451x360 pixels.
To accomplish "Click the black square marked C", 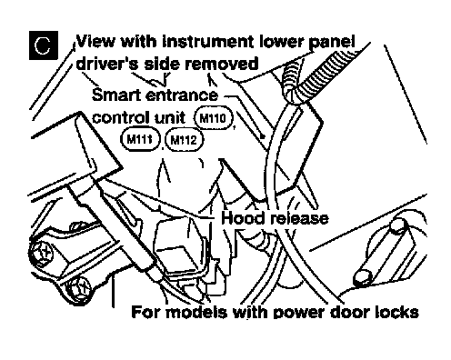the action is click(x=44, y=45).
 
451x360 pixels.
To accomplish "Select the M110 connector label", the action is click(x=214, y=117).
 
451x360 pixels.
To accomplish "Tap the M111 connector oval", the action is click(x=140, y=139).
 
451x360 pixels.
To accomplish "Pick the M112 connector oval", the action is click(x=184, y=140).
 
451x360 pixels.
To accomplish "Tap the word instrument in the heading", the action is click(x=207, y=41).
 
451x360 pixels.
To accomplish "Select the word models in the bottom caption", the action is click(x=196, y=312).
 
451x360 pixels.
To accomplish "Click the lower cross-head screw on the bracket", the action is click(x=79, y=289).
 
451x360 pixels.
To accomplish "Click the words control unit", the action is click(x=138, y=117).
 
